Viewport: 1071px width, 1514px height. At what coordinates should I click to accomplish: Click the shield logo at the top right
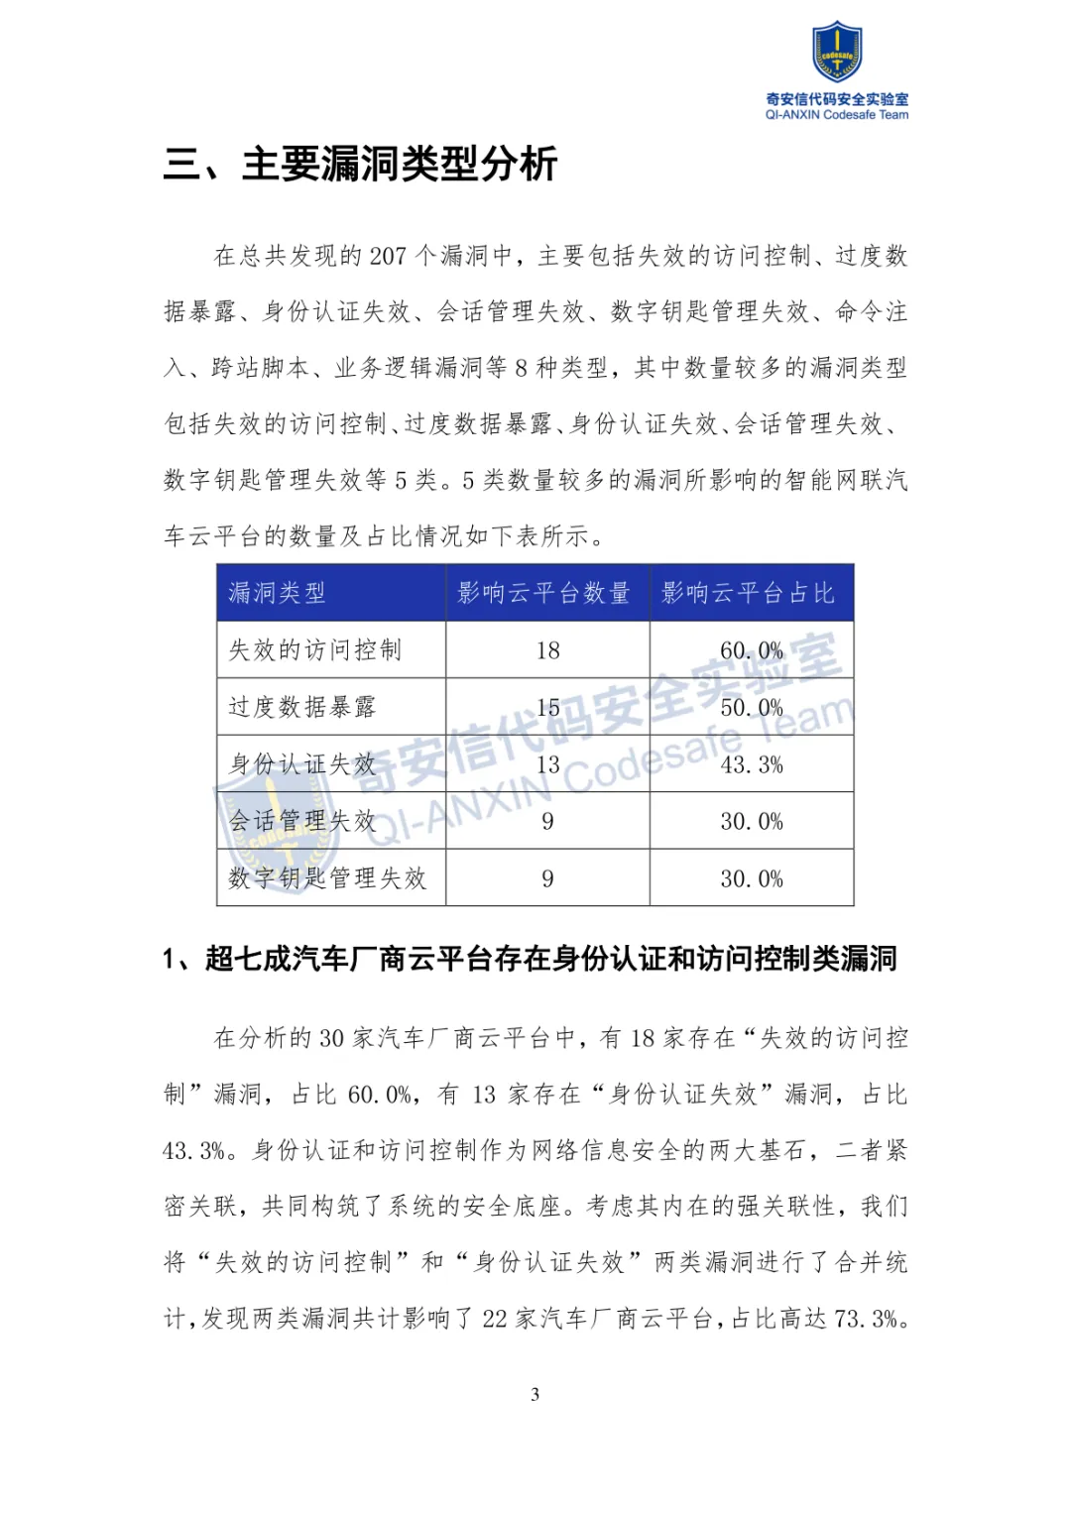[836, 54]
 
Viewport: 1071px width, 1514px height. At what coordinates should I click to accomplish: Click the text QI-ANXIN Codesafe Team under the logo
[836, 115]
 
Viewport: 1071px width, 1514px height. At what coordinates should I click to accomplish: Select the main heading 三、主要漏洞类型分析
[360, 165]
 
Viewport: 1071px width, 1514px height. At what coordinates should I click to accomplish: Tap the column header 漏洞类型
[278, 593]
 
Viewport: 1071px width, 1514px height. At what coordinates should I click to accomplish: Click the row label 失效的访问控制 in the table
[315, 650]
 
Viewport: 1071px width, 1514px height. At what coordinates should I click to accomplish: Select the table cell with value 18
[547, 650]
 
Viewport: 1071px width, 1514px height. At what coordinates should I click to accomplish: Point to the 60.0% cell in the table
[751, 650]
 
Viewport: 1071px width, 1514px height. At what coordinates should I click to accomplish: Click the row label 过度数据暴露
[302, 707]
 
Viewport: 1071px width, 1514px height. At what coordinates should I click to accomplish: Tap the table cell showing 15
[547, 708]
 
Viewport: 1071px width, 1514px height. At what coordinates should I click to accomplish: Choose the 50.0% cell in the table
[751, 708]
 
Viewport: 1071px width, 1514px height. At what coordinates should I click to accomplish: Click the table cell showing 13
[547, 764]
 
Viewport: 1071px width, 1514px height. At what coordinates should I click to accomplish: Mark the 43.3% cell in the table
[751, 764]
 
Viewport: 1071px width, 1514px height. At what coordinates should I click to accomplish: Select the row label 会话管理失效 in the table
[302, 821]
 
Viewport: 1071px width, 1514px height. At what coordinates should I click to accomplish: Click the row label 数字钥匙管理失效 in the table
[327, 878]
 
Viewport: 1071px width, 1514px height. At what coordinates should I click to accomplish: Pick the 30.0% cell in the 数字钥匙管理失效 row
[751, 878]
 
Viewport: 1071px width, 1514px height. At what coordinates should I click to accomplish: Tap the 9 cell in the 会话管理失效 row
[547, 821]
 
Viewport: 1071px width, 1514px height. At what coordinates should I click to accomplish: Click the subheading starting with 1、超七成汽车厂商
[530, 959]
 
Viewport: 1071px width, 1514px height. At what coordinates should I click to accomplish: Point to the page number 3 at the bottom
[535, 1394]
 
